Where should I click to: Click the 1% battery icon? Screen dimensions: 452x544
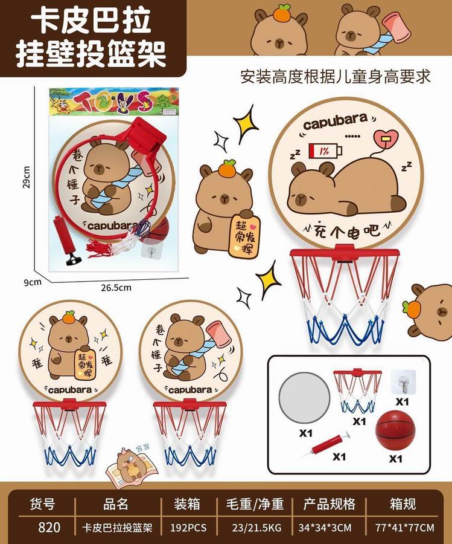[325, 151]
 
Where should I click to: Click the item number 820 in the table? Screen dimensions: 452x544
[49, 527]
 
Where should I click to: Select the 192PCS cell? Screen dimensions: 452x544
[188, 528]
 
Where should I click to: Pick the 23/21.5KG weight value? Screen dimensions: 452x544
[256, 528]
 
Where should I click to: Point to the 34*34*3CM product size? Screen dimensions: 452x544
[329, 528]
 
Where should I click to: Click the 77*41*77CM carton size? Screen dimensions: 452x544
[404, 528]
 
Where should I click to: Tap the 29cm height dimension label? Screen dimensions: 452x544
[27, 177]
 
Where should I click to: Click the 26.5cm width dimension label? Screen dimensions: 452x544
[116, 288]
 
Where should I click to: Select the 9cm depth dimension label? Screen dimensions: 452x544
[33, 282]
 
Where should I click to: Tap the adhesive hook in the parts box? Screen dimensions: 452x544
[404, 382]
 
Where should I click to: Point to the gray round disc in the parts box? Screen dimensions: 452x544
[304, 398]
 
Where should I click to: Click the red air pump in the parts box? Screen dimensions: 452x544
[327, 444]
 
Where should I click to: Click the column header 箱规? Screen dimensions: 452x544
[403, 504]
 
